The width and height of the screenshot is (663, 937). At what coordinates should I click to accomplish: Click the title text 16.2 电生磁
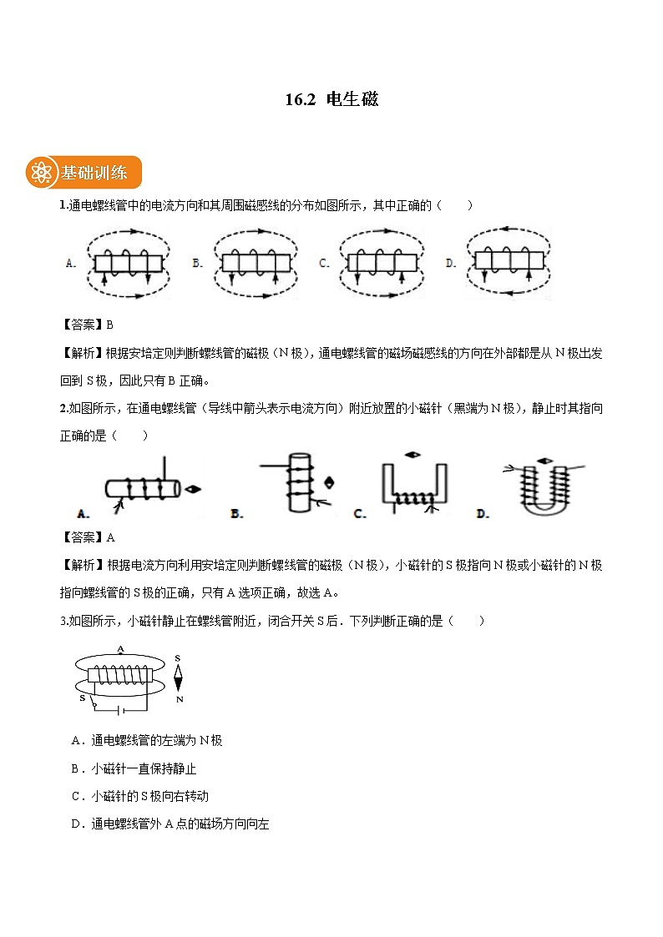(331, 99)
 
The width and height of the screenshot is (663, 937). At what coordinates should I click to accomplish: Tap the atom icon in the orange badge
(41, 173)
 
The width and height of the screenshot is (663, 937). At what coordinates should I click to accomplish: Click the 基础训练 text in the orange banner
(94, 174)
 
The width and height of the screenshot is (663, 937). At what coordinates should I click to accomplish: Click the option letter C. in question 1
(324, 263)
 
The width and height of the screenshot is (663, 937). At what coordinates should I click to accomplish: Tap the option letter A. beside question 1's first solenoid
(71, 263)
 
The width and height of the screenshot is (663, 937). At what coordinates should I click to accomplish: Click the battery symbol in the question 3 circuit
(121, 712)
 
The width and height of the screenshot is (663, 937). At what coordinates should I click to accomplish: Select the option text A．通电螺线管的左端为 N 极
(147, 740)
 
